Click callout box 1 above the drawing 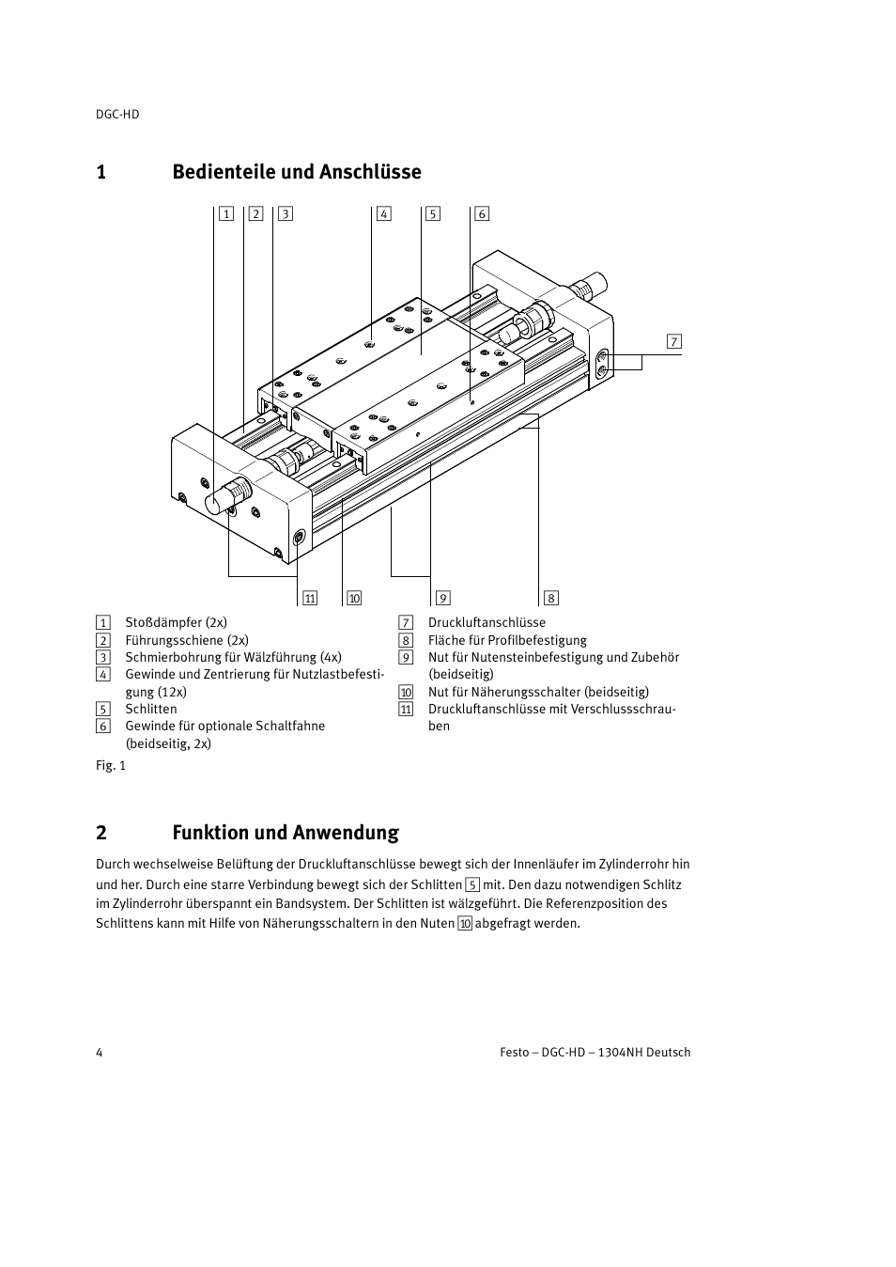coord(226,213)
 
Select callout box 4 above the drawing coord(383,213)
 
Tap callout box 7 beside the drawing coord(674,341)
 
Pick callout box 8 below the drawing coord(551,598)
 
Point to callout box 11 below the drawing coord(310,598)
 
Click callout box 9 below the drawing coord(442,598)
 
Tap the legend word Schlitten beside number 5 coord(151,709)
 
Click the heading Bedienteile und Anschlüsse coord(297,172)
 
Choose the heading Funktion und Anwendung coord(286,833)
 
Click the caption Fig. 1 coord(111,765)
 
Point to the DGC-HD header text coord(117,114)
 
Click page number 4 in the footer coord(100,1052)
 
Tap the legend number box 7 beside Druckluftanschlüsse coord(406,622)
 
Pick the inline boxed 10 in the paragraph coord(465,923)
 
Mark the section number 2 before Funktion coord(100,833)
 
